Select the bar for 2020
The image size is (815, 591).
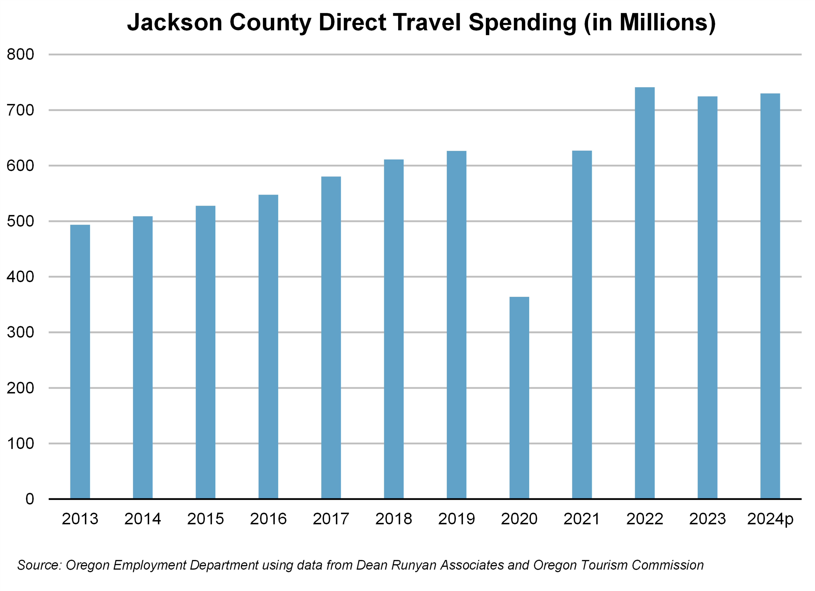[x=519, y=397]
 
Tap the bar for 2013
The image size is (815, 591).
[x=80, y=361]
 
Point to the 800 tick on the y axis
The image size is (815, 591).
[x=20, y=55]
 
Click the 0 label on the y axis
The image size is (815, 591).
[x=30, y=499]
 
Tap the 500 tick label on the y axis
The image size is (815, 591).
[x=20, y=221]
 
